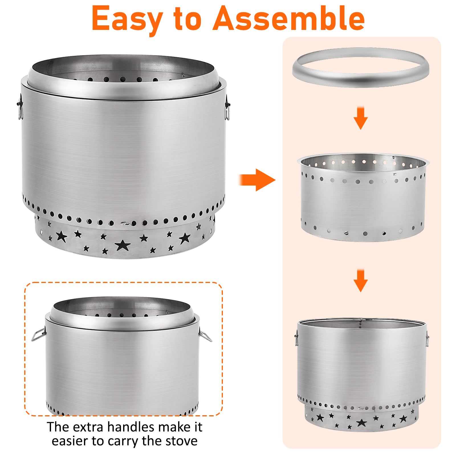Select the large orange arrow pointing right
point(257,180)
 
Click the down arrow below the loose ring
point(361,118)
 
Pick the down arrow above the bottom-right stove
point(361,280)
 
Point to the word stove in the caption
point(181,441)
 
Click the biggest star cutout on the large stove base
point(123,245)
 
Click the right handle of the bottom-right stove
point(427,339)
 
